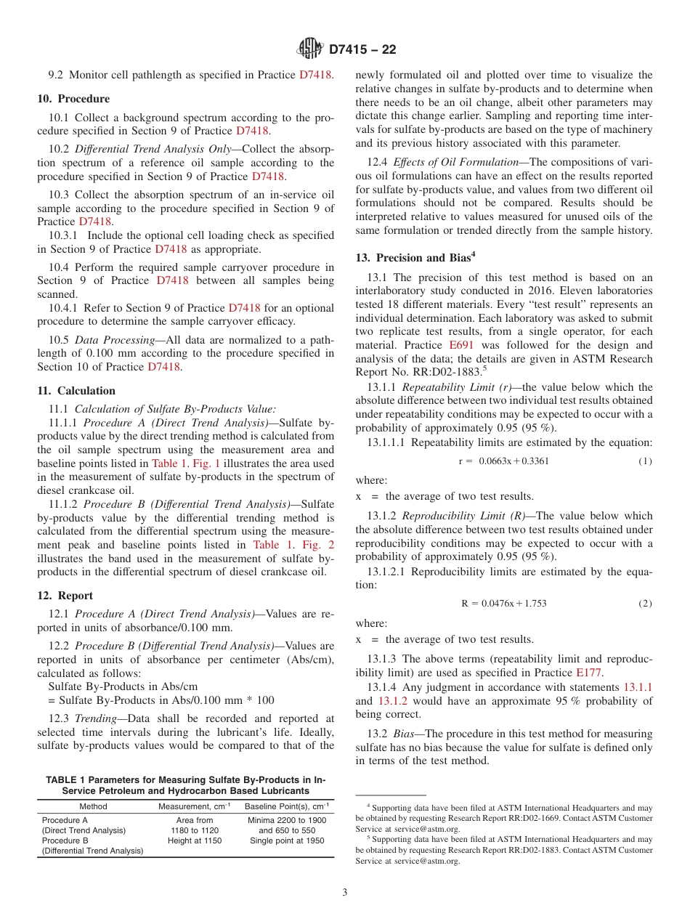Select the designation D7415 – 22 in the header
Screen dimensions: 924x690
pyautogui.click(x=362, y=50)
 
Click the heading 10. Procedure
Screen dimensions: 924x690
pyautogui.click(x=73, y=99)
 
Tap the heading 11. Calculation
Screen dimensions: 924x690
pyautogui.click(x=76, y=391)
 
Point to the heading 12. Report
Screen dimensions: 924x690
pyautogui.click(x=65, y=596)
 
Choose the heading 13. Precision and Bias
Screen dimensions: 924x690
pyautogui.click(x=415, y=257)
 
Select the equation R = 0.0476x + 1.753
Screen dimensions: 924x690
pyautogui.click(x=503, y=604)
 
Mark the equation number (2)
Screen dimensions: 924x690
pyautogui.click(x=645, y=604)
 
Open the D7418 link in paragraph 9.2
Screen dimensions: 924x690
pyautogui.click(x=316, y=75)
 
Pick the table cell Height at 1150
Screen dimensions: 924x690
pyautogui.click(x=195, y=840)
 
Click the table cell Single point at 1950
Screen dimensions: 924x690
pyautogui.click(x=286, y=840)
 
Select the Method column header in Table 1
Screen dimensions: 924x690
pyautogui.click(x=93, y=806)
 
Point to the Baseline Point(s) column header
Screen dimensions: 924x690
pyautogui.click(x=286, y=806)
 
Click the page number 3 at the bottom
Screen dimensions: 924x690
pyautogui.click(x=345, y=893)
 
